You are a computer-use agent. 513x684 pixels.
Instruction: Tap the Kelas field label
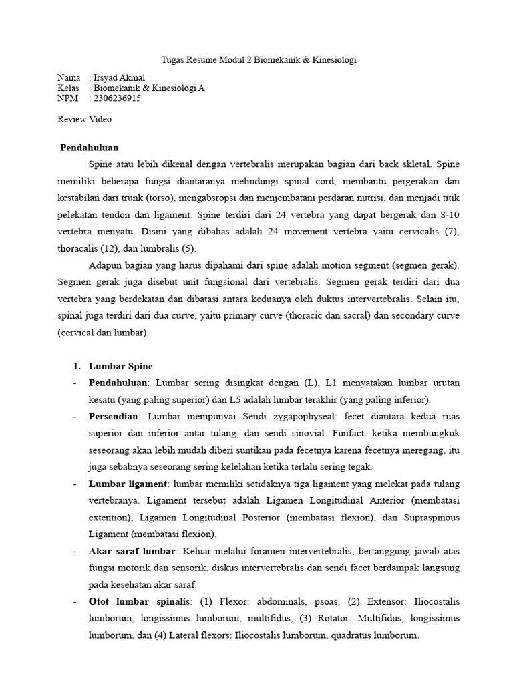[69, 88]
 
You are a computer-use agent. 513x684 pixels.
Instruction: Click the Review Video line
[85, 119]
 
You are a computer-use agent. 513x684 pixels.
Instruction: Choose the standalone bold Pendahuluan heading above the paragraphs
[90, 147]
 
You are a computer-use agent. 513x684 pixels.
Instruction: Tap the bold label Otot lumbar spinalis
[139, 602]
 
